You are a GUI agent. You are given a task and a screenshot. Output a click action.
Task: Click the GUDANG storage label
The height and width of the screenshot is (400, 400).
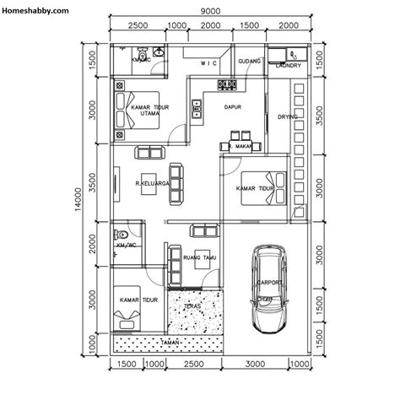(x=249, y=62)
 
